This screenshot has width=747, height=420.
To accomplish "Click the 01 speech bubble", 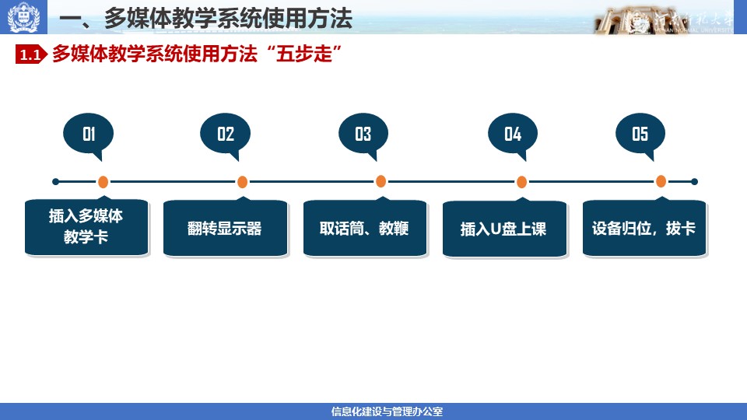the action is point(89,135).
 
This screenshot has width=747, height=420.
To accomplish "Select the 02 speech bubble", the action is point(226,135).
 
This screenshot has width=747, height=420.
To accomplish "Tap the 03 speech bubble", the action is point(363,135).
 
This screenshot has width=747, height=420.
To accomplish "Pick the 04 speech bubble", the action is point(513,135).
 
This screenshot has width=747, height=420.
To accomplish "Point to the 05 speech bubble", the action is point(640,135).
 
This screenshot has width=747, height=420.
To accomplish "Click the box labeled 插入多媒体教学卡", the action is point(86,226).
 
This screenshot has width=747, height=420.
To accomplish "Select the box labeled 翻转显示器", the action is point(226,228).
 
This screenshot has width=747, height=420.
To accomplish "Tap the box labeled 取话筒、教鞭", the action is point(365,228).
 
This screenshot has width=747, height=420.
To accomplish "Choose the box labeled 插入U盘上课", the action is point(504,229).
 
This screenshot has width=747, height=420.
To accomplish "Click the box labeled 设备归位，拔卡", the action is point(644,228).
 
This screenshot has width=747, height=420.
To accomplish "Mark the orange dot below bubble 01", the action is point(103,182).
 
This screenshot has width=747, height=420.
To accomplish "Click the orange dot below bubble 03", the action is point(381,181).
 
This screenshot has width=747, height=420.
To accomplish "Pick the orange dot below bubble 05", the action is point(661,181).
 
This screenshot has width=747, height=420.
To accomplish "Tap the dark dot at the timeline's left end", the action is point(56,181).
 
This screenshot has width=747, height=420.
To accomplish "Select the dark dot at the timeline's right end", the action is point(694,181).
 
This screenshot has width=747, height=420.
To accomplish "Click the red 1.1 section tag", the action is point(31,54).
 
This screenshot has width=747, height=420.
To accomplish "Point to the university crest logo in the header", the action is point(23,17).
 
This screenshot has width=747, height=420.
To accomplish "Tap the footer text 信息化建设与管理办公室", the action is point(387,411).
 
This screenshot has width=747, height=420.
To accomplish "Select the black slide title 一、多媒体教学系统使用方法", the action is point(205,19).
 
